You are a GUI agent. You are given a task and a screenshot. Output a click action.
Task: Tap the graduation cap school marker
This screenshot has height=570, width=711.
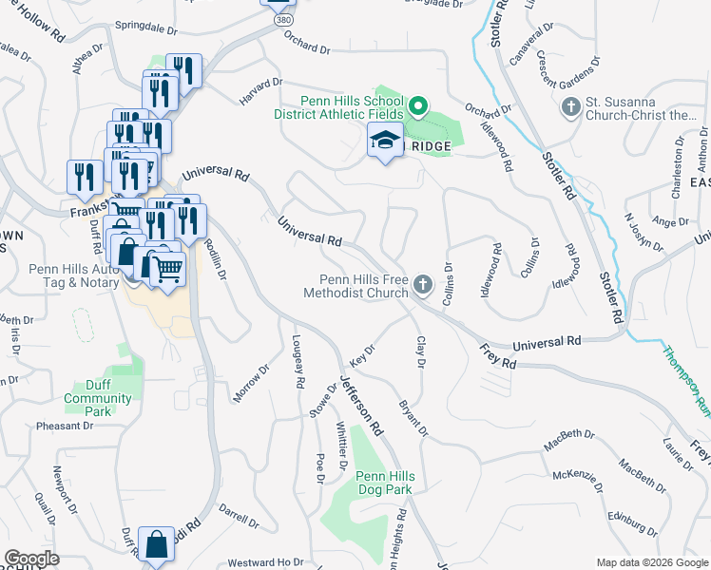[384, 142]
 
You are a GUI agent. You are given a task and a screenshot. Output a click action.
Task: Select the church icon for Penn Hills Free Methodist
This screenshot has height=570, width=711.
[423, 284]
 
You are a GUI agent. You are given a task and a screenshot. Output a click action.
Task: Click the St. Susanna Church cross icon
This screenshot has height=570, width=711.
[571, 106]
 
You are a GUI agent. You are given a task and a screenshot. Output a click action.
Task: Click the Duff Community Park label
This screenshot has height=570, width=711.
[98, 406]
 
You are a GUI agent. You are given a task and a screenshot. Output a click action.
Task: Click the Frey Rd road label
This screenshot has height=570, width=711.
[496, 357]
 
